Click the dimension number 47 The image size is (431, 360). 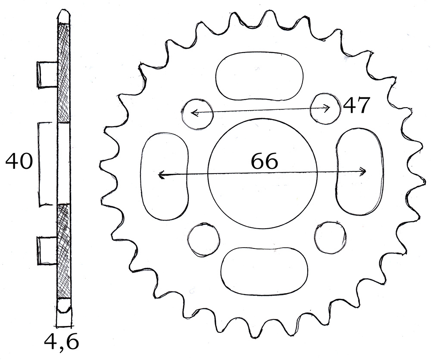pos(356,106)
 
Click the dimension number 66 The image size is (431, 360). pos(265,161)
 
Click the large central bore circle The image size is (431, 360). pos(208,174)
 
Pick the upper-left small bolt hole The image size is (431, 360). pos(182,113)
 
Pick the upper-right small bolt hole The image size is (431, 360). pos(310,109)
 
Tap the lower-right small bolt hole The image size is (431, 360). pos(316,236)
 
